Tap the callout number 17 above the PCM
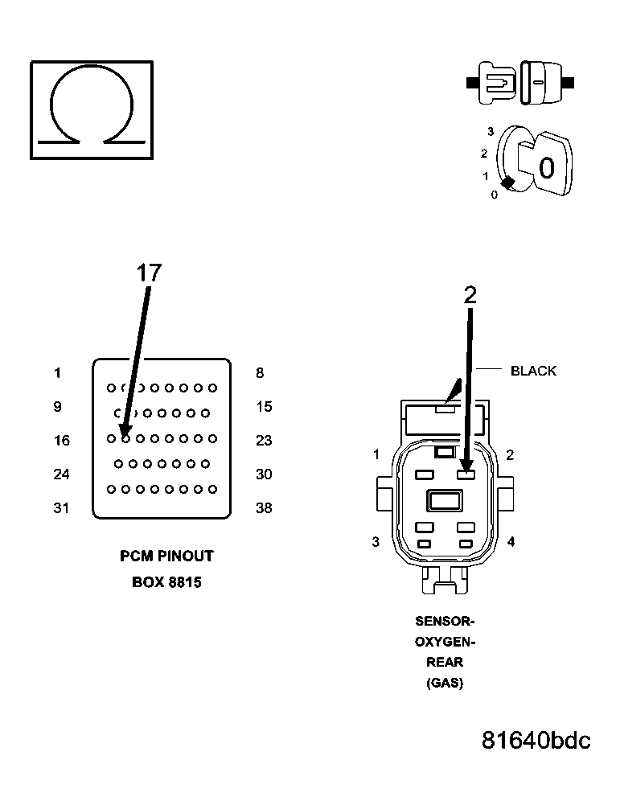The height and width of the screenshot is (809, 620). [149, 273]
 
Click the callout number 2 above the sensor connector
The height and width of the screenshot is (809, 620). [470, 295]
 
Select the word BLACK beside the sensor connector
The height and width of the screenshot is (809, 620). [533, 371]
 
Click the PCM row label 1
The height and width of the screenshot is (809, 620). [57, 373]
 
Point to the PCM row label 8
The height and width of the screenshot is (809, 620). [260, 373]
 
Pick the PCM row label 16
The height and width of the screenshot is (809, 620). [61, 441]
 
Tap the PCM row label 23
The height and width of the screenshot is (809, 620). [264, 441]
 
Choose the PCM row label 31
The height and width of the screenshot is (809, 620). [61, 508]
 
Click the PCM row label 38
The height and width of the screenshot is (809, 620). [264, 508]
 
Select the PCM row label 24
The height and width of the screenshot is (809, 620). [61, 474]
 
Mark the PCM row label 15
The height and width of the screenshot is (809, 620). [264, 407]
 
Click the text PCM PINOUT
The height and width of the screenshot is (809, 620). [166, 556]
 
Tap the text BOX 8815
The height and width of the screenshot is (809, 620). [166, 582]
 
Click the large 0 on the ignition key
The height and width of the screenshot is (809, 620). [546, 168]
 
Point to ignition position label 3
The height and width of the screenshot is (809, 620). [490, 131]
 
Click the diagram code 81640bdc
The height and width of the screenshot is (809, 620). [536, 740]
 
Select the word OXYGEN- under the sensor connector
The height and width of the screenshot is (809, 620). [445, 642]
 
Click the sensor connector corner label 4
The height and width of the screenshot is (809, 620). [511, 542]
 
